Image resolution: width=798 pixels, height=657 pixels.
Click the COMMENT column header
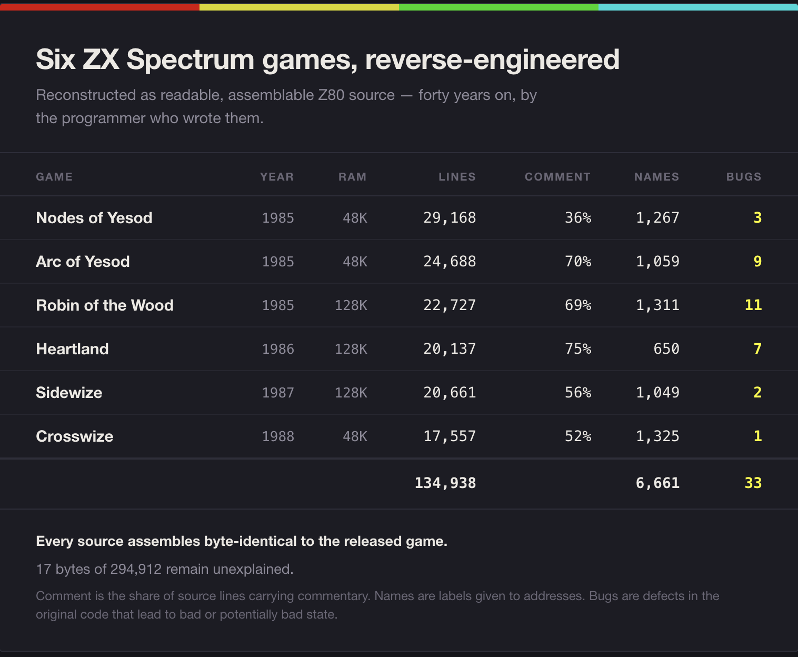pyautogui.click(x=557, y=177)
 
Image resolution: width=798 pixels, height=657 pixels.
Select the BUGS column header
pyautogui.click(x=743, y=177)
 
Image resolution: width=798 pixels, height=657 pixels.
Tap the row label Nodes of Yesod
pyautogui.click(x=94, y=217)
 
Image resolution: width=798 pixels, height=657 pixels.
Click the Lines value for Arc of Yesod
pyautogui.click(x=450, y=262)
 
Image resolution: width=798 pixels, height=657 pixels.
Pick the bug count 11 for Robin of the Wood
pyautogui.click(x=753, y=305)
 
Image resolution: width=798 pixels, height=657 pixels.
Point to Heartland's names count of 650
pyautogui.click(x=666, y=349)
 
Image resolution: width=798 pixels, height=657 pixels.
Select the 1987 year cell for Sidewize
pyautogui.click(x=278, y=392)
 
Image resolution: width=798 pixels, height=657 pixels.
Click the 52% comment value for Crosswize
pyautogui.click(x=578, y=436)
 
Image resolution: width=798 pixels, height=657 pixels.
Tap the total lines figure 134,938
pyautogui.click(x=445, y=483)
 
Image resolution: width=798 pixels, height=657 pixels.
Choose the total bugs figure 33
pyautogui.click(x=753, y=483)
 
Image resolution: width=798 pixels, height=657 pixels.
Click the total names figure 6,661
pyautogui.click(x=657, y=483)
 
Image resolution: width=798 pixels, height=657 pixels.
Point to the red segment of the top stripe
pyautogui.click(x=99, y=7)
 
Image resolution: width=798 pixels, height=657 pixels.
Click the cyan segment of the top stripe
pyautogui.click(x=698, y=7)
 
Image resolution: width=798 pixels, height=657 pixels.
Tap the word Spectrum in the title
pyautogui.click(x=191, y=60)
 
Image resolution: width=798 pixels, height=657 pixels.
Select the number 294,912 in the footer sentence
pyautogui.click(x=136, y=569)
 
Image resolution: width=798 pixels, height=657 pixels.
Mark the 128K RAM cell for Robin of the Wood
pyautogui.click(x=351, y=305)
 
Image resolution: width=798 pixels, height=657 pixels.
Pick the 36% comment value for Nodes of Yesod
pyautogui.click(x=578, y=217)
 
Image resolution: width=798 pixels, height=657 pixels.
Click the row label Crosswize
pyautogui.click(x=75, y=436)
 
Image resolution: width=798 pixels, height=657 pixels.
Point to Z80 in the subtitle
pyautogui.click(x=331, y=95)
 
